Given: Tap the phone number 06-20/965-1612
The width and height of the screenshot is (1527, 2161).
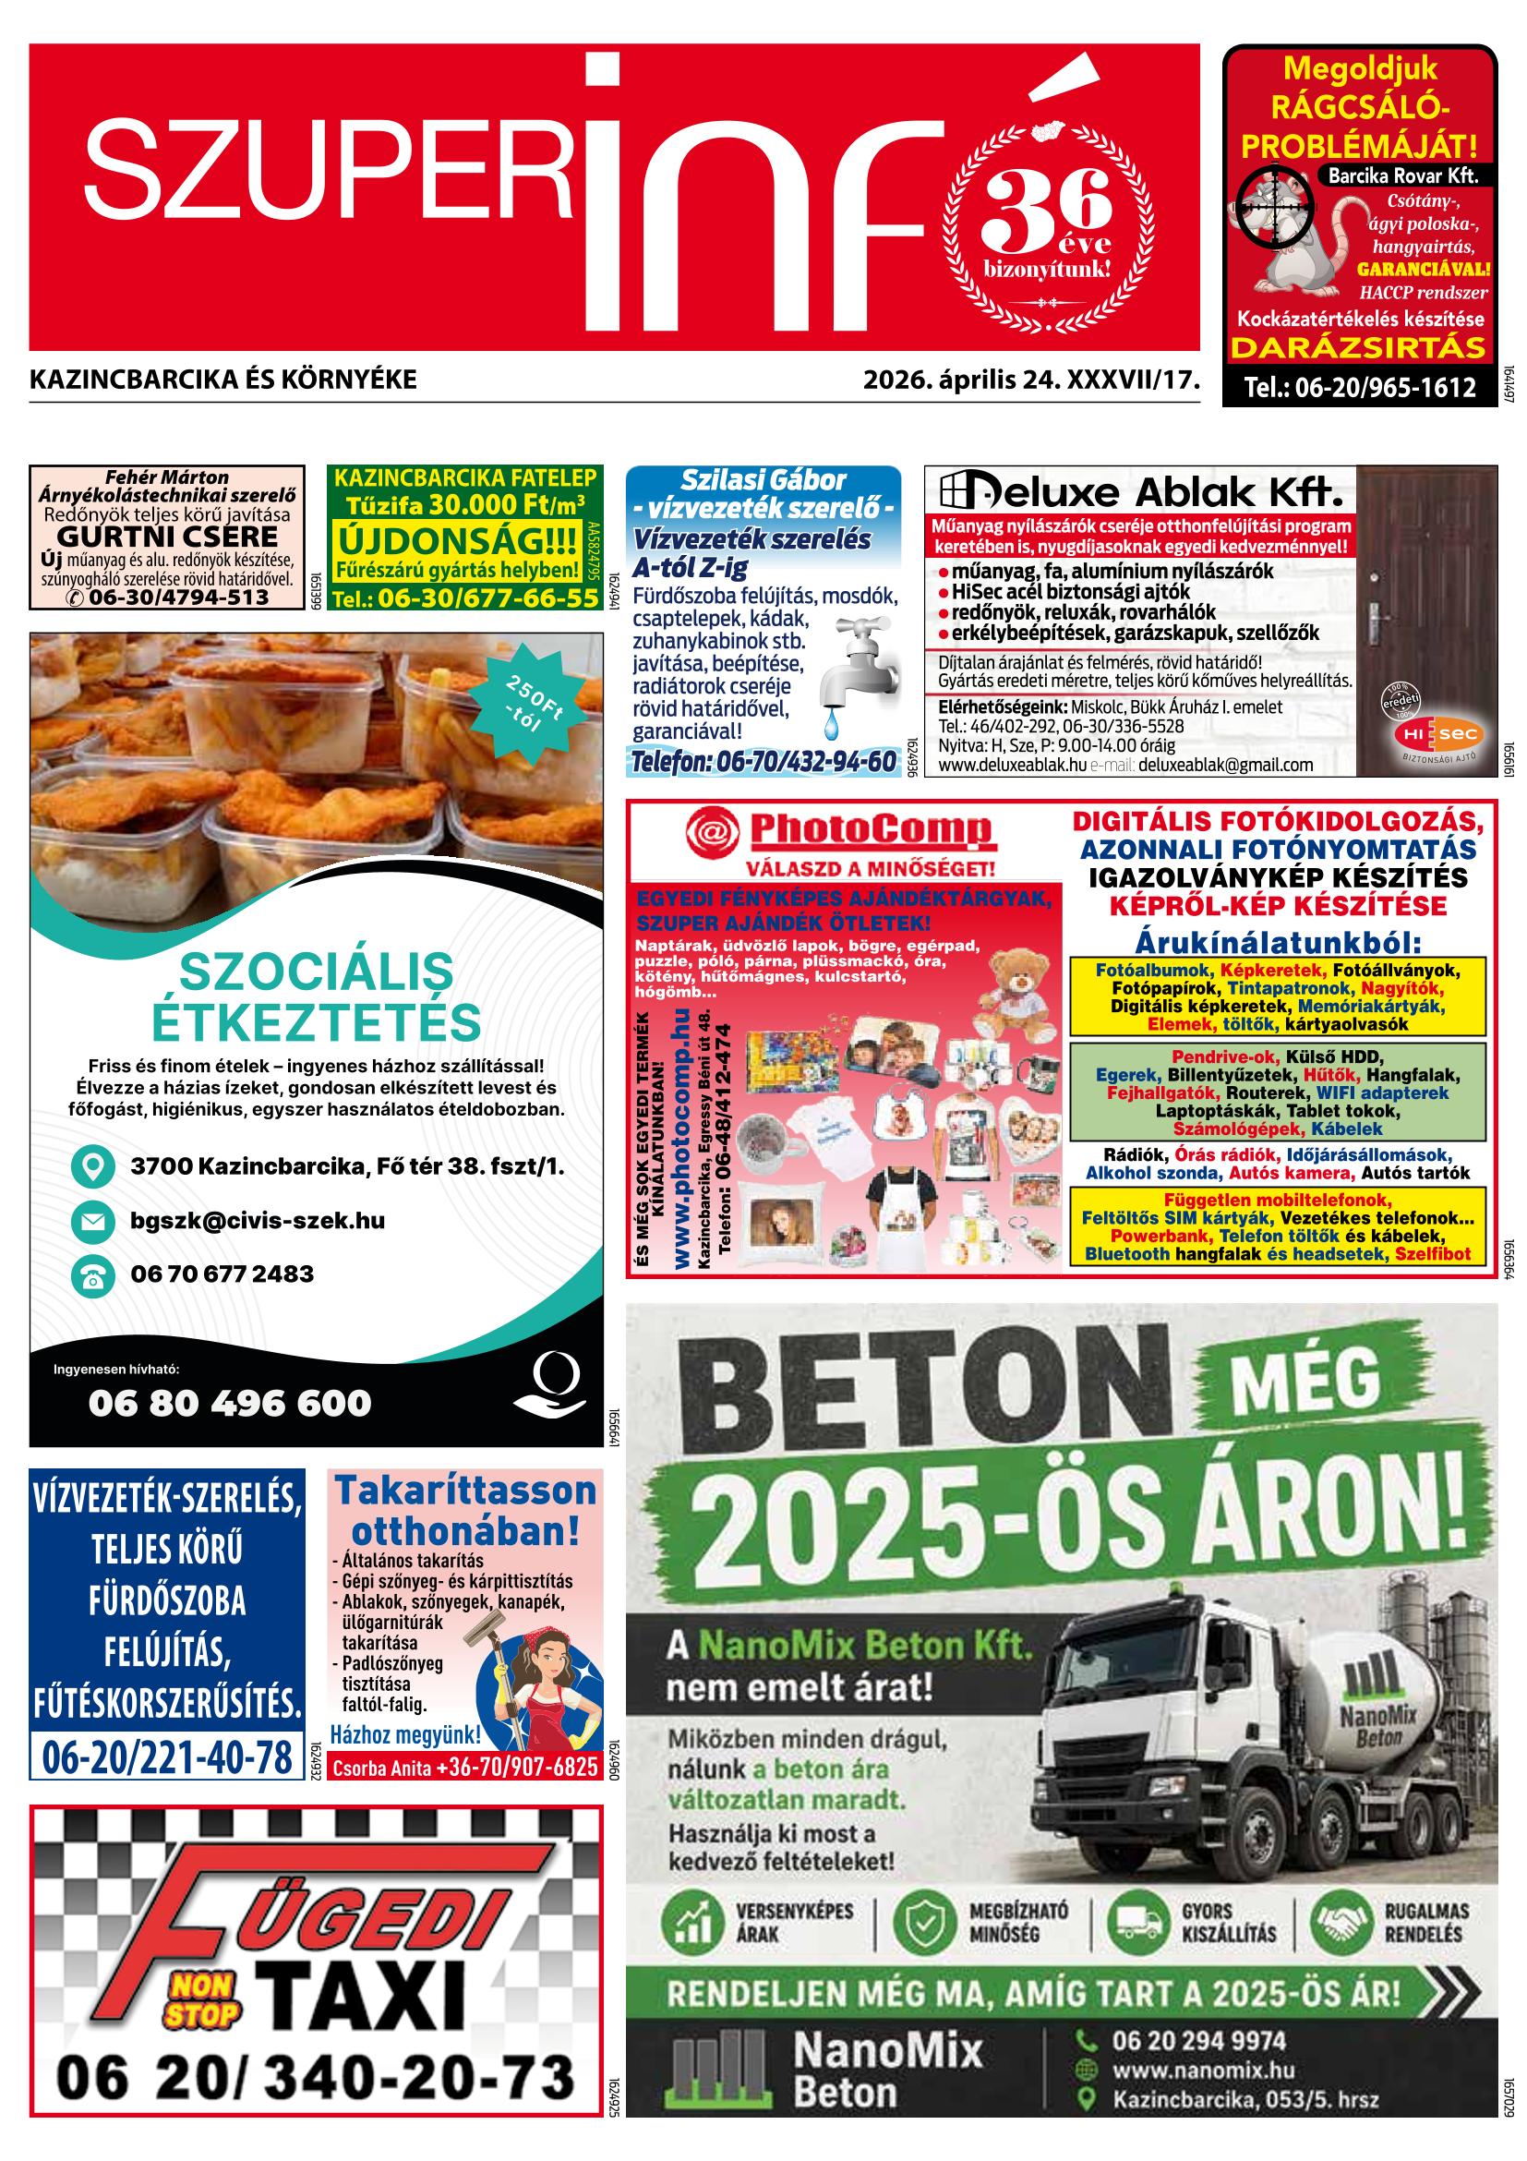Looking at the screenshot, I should [x=1360, y=388].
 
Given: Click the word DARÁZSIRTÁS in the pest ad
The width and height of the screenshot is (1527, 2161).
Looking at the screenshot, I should [x=1359, y=348].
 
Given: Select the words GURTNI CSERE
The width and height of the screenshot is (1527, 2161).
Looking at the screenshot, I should [x=167, y=537].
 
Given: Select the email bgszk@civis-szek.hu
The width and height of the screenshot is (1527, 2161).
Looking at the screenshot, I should [x=258, y=1221].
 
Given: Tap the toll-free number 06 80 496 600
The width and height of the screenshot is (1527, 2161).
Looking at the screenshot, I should [x=230, y=1404].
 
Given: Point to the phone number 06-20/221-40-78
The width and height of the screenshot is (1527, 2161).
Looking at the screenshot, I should [x=166, y=1757].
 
